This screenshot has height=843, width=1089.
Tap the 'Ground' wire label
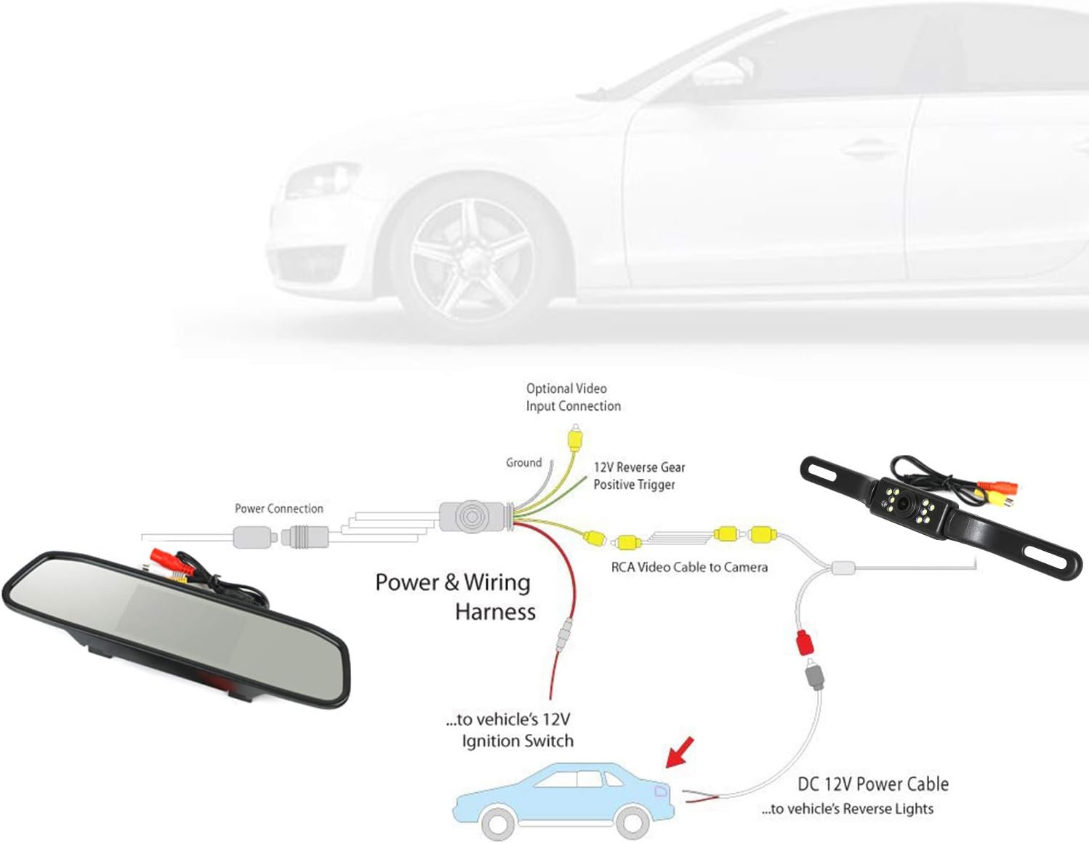pos(523,462)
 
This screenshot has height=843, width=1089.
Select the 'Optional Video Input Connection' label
pos(573,398)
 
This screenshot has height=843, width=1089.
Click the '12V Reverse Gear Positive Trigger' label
pos(639,476)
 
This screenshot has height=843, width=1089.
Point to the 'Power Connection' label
pos(278,509)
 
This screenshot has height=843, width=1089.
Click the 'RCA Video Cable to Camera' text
pos(689,567)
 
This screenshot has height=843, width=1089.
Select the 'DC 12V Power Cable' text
pos(872,784)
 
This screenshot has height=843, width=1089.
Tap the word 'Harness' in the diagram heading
pos(495,612)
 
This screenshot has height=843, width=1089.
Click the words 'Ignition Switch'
pos(517,741)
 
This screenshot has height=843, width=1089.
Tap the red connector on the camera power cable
pos(804,642)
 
